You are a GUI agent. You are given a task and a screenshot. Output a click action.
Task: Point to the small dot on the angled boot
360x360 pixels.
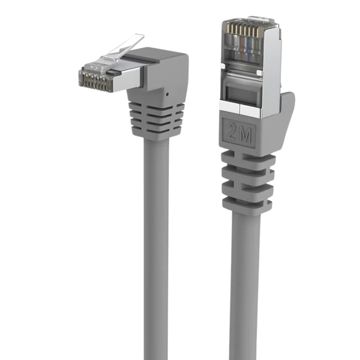click(165, 95)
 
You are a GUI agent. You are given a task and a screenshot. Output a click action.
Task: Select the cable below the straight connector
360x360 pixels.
click(244, 274)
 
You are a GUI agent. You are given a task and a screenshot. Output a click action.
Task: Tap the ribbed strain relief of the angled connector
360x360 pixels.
click(156, 119)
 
